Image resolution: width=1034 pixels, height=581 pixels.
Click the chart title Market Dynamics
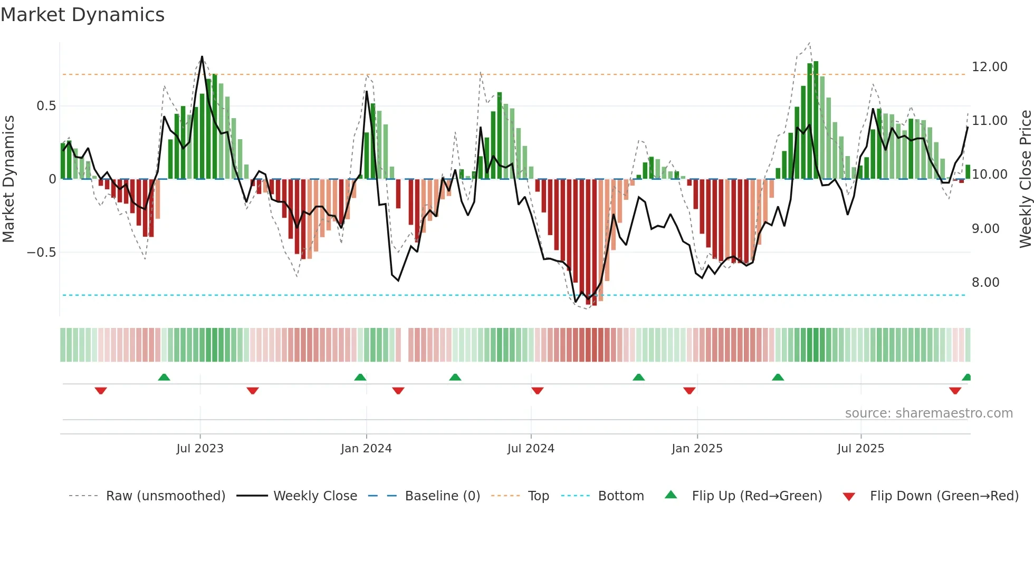tap(83, 15)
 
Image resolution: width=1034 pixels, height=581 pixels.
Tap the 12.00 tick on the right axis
tap(989, 67)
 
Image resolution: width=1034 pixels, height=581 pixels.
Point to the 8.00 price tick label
tap(985, 283)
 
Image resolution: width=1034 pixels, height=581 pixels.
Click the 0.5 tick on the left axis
tap(46, 106)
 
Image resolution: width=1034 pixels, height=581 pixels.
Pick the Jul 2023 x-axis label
tap(200, 449)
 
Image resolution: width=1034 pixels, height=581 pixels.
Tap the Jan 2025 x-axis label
tap(697, 449)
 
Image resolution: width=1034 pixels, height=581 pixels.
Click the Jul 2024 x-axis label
tap(531, 449)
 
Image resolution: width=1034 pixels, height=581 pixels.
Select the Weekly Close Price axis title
tap(1025, 179)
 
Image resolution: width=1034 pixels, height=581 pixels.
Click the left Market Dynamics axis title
tap(8, 179)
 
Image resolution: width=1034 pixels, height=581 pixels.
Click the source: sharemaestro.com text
tap(928, 413)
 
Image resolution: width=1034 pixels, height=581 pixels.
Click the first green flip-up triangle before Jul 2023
tap(164, 377)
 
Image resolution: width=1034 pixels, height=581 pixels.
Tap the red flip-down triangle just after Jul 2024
tap(538, 391)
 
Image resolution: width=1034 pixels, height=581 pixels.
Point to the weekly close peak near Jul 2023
tap(202, 57)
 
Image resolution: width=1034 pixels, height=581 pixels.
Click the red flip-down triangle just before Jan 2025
tap(689, 391)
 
